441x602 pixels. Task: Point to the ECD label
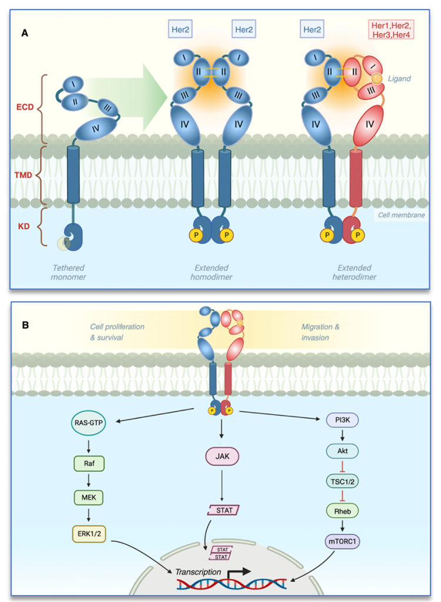[x=26, y=108]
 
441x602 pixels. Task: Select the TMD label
[x=26, y=175]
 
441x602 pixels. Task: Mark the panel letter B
[x=25, y=323]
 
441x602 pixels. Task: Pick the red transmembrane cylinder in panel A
[x=356, y=178]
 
